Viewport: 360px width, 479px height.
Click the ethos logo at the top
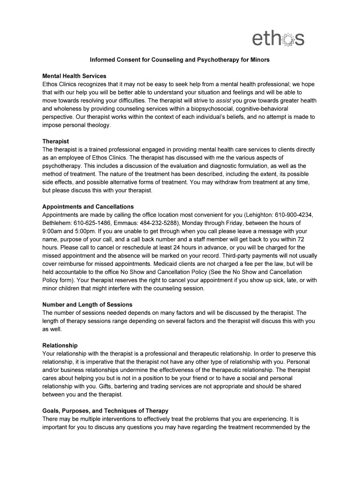(278, 38)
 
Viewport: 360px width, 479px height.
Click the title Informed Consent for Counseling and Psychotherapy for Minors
(180, 60)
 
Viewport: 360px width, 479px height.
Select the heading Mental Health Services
(74, 76)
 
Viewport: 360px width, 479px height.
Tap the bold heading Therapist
(56, 141)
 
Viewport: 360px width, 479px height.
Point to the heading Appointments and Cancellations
(88, 207)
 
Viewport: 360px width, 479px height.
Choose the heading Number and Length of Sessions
(87, 305)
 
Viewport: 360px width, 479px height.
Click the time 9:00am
(54, 231)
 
